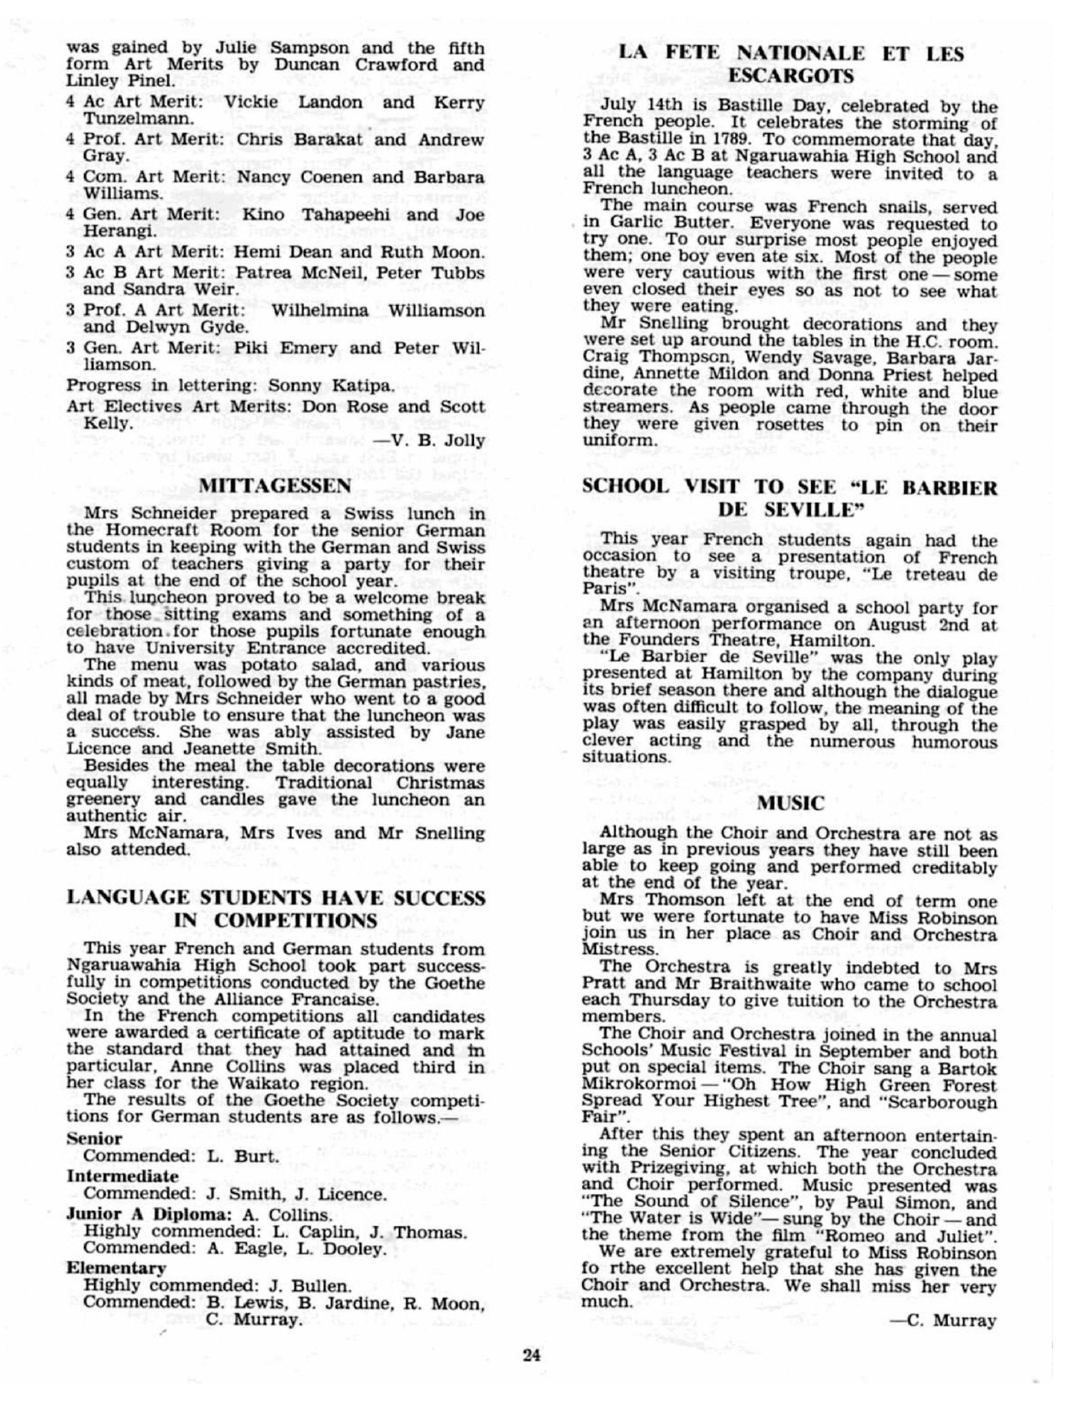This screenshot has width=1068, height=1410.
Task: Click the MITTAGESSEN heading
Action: [274, 486]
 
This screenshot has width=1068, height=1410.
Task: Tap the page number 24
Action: [532, 1354]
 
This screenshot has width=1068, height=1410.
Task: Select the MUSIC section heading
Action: [791, 803]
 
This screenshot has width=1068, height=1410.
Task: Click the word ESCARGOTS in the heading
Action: [791, 76]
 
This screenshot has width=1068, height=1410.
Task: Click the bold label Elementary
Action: [116, 1267]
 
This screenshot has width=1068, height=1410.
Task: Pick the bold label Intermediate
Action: [122, 1176]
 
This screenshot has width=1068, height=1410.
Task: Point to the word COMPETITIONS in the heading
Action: [295, 920]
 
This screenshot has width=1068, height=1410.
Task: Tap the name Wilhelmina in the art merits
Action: [320, 310]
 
